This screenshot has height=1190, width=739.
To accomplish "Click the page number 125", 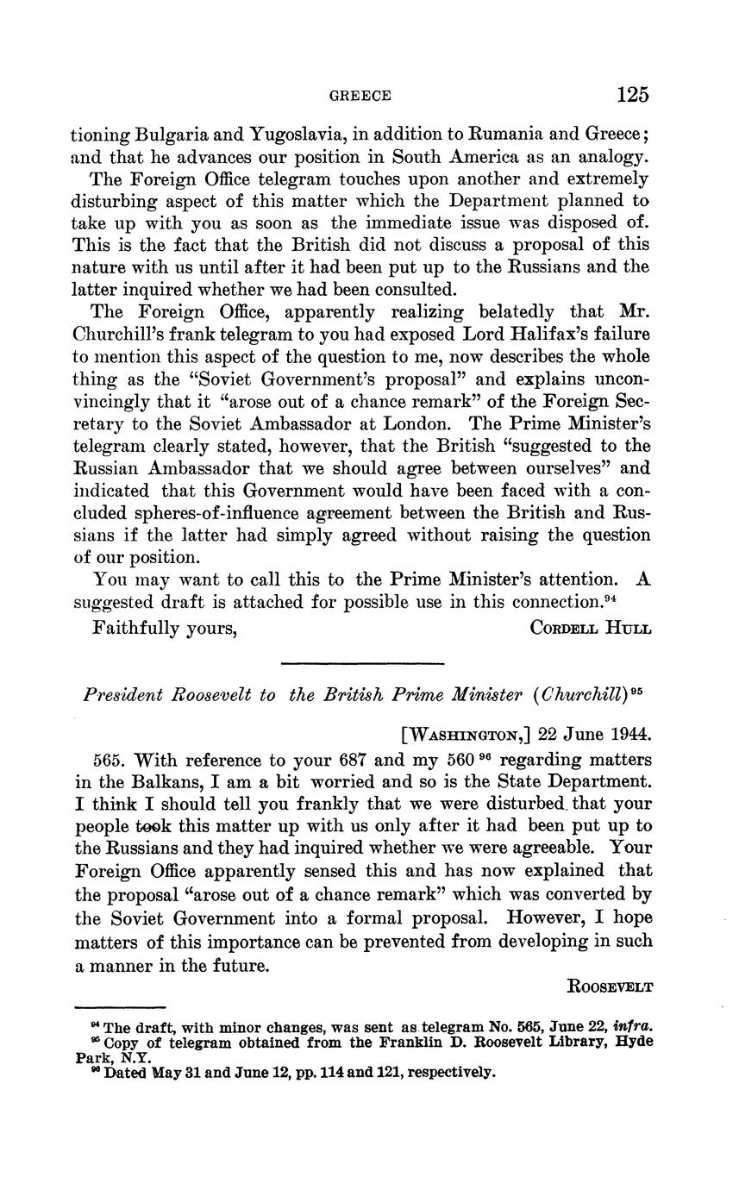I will [632, 94].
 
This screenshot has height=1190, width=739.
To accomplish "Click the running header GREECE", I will [360, 96].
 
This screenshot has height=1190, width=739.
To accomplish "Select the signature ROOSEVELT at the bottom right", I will [610, 986].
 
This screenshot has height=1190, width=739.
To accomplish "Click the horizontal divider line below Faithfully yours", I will [362, 663].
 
